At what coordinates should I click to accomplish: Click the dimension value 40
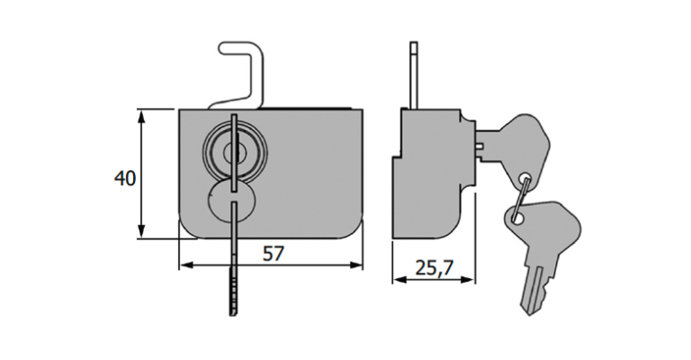pyautogui.click(x=125, y=178)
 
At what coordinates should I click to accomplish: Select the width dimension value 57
pyautogui.click(x=273, y=253)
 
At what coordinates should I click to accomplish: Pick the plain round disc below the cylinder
pyautogui.click(x=232, y=202)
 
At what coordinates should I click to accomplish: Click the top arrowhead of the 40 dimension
pyautogui.click(x=141, y=114)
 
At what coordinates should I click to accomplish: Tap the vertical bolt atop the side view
pyautogui.click(x=413, y=76)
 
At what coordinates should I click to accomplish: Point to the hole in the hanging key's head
pyautogui.click(x=516, y=216)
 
